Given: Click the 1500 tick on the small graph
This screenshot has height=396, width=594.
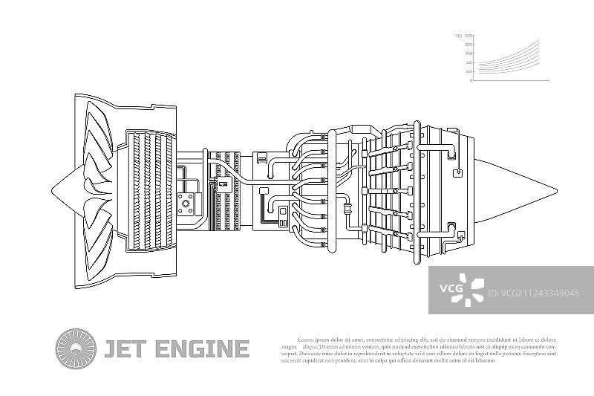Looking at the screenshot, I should click(x=468, y=36).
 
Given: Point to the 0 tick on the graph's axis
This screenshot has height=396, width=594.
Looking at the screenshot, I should click(x=471, y=80).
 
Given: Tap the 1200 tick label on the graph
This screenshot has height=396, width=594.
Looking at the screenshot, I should click(x=468, y=45).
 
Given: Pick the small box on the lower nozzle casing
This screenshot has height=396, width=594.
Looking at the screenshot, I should click(x=460, y=237).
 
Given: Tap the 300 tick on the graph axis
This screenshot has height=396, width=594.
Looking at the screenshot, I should click(x=469, y=71).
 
